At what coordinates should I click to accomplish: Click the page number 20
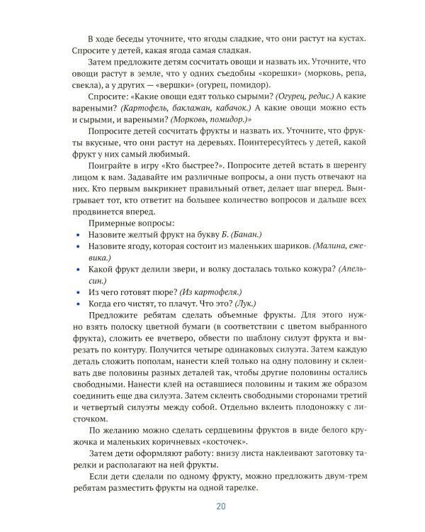(x=220, y=506)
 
